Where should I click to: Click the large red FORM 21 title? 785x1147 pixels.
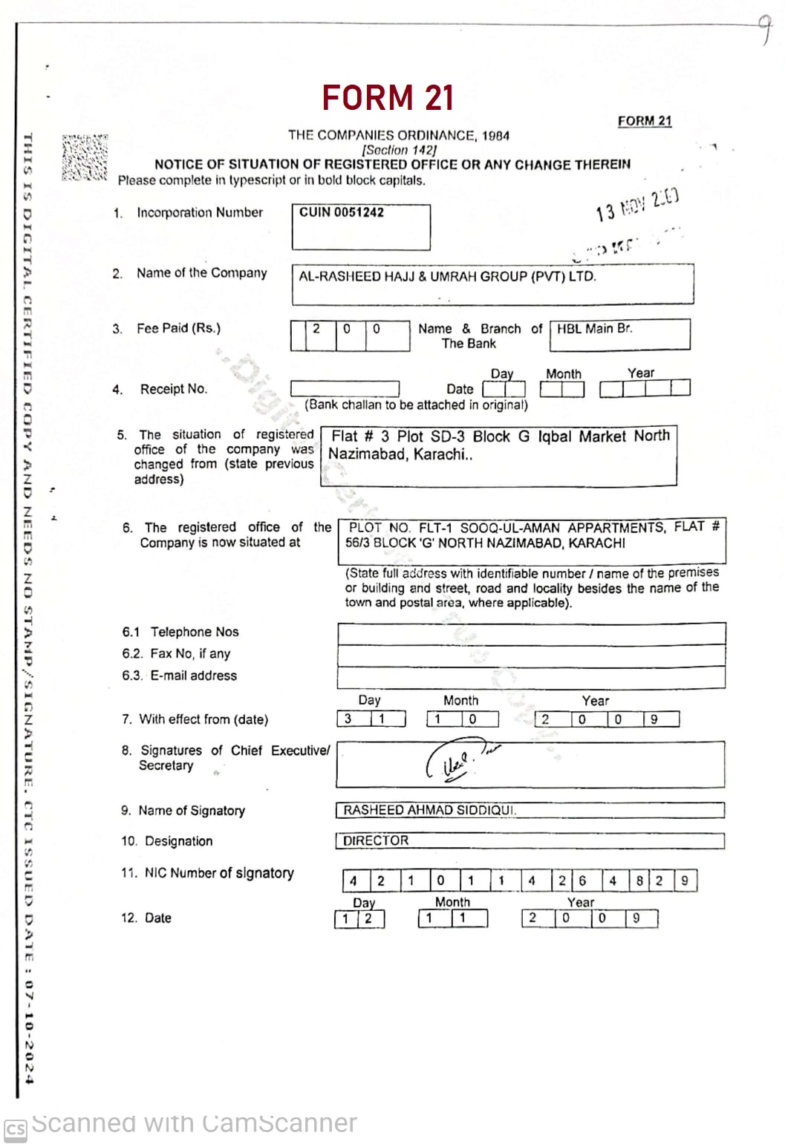click(x=388, y=98)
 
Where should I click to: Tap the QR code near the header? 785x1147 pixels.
click(x=85, y=157)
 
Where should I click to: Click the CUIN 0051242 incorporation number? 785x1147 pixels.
click(x=342, y=212)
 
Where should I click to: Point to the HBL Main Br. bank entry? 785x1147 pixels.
click(x=594, y=329)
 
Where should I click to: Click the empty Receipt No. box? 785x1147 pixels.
click(x=345, y=388)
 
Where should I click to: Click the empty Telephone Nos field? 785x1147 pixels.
click(x=531, y=634)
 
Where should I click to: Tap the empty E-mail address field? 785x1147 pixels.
click(x=531, y=677)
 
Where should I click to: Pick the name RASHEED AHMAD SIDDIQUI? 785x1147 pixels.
click(x=429, y=810)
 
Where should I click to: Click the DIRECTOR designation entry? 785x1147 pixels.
click(x=376, y=840)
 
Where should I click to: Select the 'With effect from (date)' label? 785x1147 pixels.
click(x=203, y=719)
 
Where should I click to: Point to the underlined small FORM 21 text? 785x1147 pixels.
click(x=644, y=121)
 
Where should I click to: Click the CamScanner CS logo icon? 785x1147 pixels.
click(x=15, y=1130)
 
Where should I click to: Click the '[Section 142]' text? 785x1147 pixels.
click(x=399, y=149)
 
